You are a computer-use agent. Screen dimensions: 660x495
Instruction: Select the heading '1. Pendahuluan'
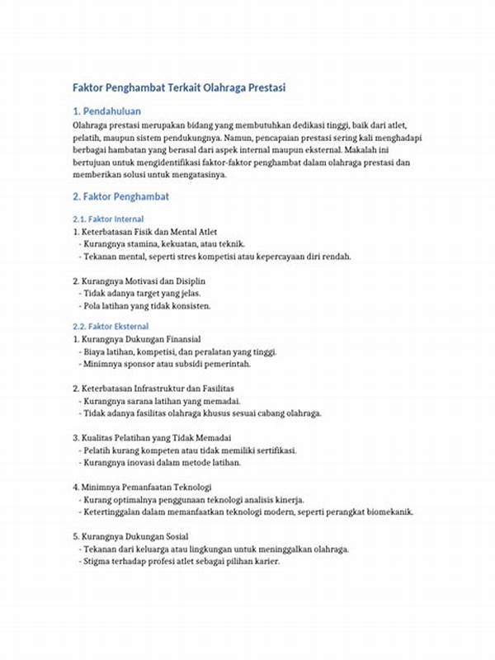(x=108, y=110)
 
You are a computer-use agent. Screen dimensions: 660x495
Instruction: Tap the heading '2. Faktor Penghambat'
(x=120, y=197)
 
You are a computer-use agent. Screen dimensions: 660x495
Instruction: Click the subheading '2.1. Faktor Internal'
(x=108, y=219)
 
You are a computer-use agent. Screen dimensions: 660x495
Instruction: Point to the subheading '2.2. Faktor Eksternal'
(x=111, y=326)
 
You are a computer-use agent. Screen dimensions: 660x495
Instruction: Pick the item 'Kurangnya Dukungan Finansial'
(x=135, y=339)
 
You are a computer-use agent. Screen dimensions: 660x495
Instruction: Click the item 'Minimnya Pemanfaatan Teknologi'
(x=141, y=487)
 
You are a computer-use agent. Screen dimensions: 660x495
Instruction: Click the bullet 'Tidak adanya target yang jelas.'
(x=142, y=293)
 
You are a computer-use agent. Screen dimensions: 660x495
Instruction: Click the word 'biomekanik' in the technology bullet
(x=387, y=511)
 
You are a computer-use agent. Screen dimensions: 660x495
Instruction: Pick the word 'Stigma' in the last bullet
(x=97, y=561)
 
